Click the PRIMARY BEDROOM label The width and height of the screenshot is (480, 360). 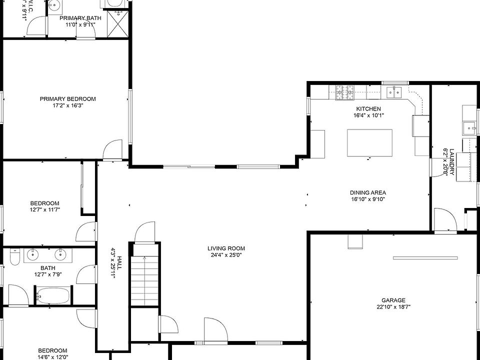[x=67, y=99]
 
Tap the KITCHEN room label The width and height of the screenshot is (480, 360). [x=368, y=109]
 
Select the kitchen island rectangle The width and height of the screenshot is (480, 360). [x=369, y=142]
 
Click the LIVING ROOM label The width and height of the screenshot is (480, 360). [x=226, y=248]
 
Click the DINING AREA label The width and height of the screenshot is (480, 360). [x=368, y=192]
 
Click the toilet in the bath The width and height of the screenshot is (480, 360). [x=15, y=257]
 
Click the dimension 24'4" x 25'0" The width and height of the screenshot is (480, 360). [x=226, y=255]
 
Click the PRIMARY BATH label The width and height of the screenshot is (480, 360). [x=80, y=18]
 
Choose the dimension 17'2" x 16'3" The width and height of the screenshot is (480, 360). [x=67, y=105]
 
